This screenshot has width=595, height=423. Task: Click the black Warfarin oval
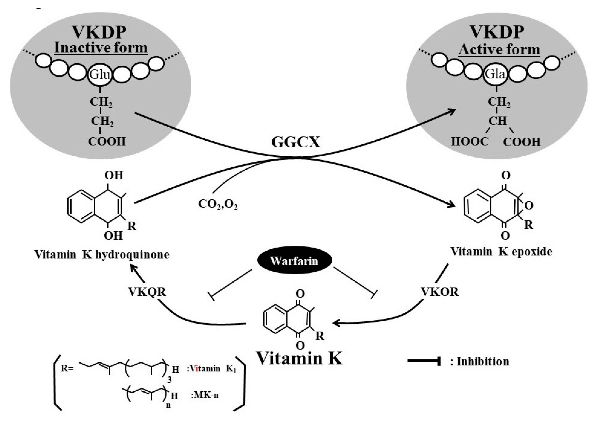pyautogui.click(x=294, y=261)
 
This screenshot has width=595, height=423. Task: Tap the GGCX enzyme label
pyautogui.click(x=296, y=142)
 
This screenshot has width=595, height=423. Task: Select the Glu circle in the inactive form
pyautogui.click(x=100, y=75)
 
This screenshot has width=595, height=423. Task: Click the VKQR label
pyautogui.click(x=147, y=292)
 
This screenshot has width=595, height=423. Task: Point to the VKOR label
pyautogui.click(x=440, y=292)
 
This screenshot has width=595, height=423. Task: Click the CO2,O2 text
pyautogui.click(x=218, y=204)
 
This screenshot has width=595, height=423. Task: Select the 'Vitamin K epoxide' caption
pyautogui.click(x=501, y=252)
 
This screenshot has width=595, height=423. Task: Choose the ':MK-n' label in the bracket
pyautogui.click(x=205, y=395)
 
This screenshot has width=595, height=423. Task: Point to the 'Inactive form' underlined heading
pyautogui.click(x=101, y=48)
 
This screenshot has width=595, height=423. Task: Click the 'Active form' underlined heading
pyautogui.click(x=499, y=50)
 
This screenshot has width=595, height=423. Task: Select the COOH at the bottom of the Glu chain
pyautogui.click(x=107, y=141)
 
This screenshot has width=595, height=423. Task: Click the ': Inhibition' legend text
pyautogui.click(x=480, y=362)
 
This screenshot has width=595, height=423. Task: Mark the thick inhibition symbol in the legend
pyautogui.click(x=424, y=361)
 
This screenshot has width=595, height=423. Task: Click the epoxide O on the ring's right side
pyautogui.click(x=529, y=206)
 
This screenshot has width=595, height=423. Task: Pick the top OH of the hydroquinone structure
pyautogui.click(x=114, y=175)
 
